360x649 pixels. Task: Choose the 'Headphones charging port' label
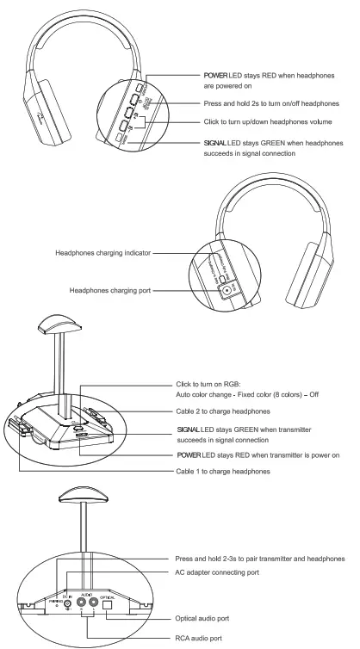tap(109, 291)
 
